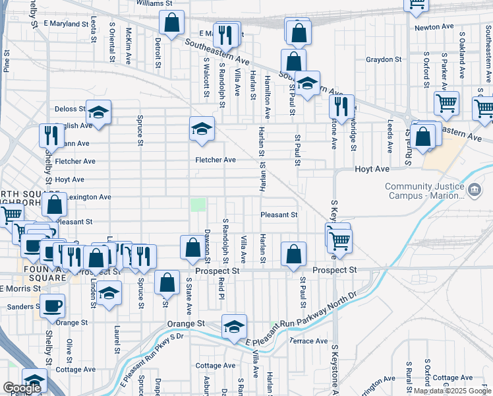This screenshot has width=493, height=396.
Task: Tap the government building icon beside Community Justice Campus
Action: point(474,191)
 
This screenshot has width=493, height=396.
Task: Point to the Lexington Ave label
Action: point(86,197)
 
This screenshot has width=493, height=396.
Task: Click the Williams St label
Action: point(154,3)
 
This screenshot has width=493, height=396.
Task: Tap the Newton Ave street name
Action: point(434,27)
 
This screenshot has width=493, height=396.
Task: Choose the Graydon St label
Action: point(384,59)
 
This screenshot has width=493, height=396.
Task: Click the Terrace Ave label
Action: point(308,341)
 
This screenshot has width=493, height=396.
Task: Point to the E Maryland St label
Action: point(66,24)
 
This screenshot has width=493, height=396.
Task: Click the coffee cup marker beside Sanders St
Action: point(52,305)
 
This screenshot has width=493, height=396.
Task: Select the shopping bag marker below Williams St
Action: point(171,24)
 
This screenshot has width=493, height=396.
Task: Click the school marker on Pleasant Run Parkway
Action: point(233,327)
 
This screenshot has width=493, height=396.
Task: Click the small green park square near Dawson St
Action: point(198,205)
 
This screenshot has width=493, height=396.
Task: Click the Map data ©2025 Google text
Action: point(451,391)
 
